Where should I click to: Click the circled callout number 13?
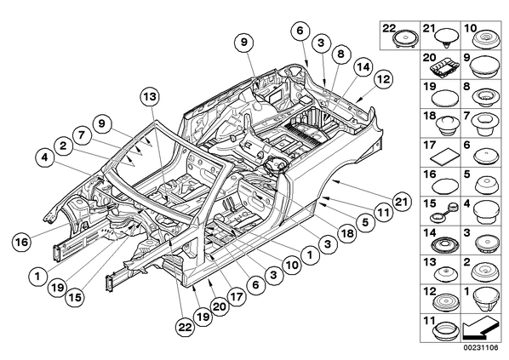(151, 97)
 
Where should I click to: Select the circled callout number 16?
(22, 242)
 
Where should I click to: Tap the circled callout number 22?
(186, 327)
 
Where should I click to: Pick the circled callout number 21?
(401, 202)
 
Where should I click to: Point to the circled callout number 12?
(383, 79)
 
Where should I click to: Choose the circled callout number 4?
(44, 157)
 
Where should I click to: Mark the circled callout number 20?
(219, 306)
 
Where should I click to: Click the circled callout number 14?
(363, 67)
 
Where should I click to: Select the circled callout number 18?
(347, 232)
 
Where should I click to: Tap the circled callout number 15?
(75, 297)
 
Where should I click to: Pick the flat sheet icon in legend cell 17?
(444, 157)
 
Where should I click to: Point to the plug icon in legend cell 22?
(405, 39)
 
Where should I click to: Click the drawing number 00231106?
(480, 347)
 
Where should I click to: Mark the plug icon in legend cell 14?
(444, 243)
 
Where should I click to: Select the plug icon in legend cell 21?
(447, 37)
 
